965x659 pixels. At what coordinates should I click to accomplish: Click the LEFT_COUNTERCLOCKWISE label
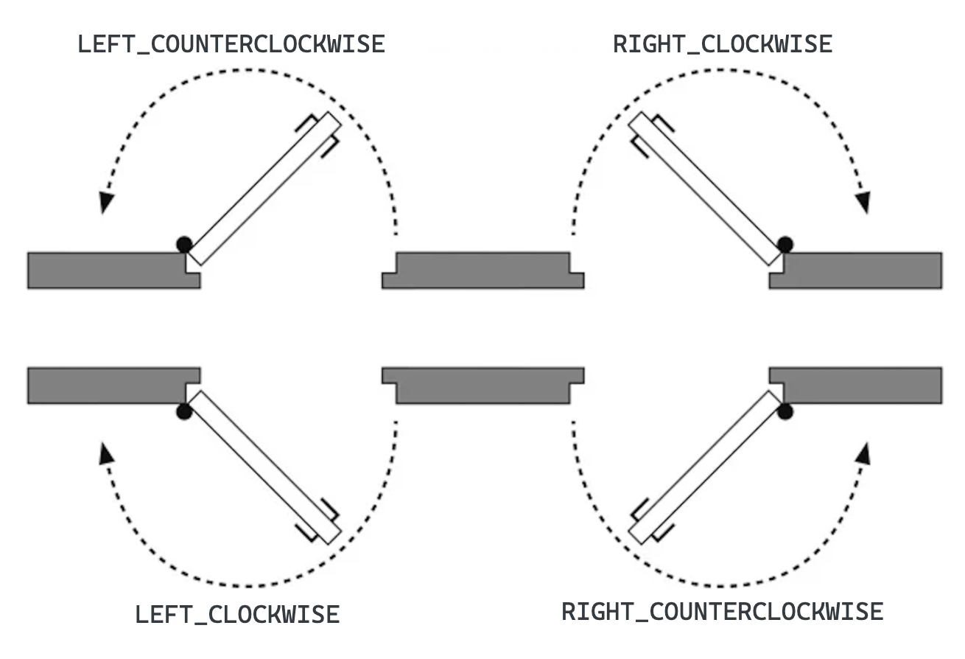[x=231, y=44]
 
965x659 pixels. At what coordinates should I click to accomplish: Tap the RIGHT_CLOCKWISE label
[x=723, y=44]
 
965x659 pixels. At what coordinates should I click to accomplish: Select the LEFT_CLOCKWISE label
[x=237, y=614]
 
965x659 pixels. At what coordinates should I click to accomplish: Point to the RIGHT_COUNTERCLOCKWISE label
[x=723, y=611]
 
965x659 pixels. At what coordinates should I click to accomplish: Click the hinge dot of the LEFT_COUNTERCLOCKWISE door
[x=183, y=243]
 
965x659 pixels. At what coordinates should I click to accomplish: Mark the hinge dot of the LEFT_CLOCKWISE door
[x=183, y=412]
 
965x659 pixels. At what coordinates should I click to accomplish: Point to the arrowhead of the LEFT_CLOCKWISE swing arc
[x=106, y=453]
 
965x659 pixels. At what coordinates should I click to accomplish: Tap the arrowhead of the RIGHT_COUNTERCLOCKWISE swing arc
[x=863, y=453]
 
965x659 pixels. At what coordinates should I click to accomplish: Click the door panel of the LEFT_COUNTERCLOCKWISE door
[x=264, y=189]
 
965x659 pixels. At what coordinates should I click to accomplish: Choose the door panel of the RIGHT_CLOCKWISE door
[x=706, y=189]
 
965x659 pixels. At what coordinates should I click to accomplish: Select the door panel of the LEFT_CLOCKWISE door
[x=264, y=467]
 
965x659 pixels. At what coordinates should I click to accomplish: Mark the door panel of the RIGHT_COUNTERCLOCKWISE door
[x=706, y=467]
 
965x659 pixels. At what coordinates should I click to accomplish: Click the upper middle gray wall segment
[x=482, y=271]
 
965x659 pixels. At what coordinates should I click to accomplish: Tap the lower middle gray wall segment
[x=482, y=385]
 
